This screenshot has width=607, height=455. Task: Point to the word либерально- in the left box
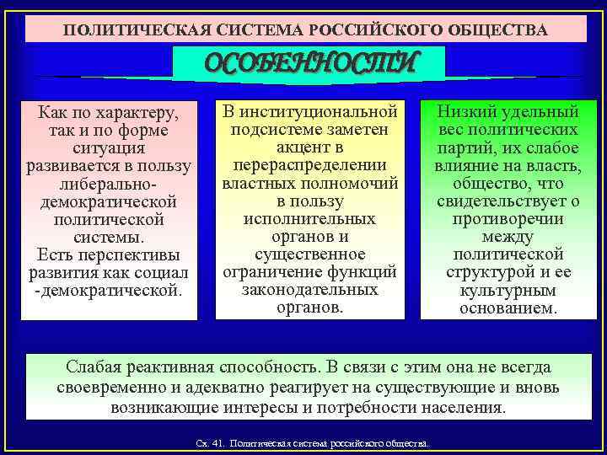pos(109,184)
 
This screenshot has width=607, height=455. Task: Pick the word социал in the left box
pos(163,272)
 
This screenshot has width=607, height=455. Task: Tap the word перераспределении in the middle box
pos(309,163)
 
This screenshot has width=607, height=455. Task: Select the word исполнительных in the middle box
pos(309,219)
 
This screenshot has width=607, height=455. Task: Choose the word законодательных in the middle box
pos(309,290)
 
